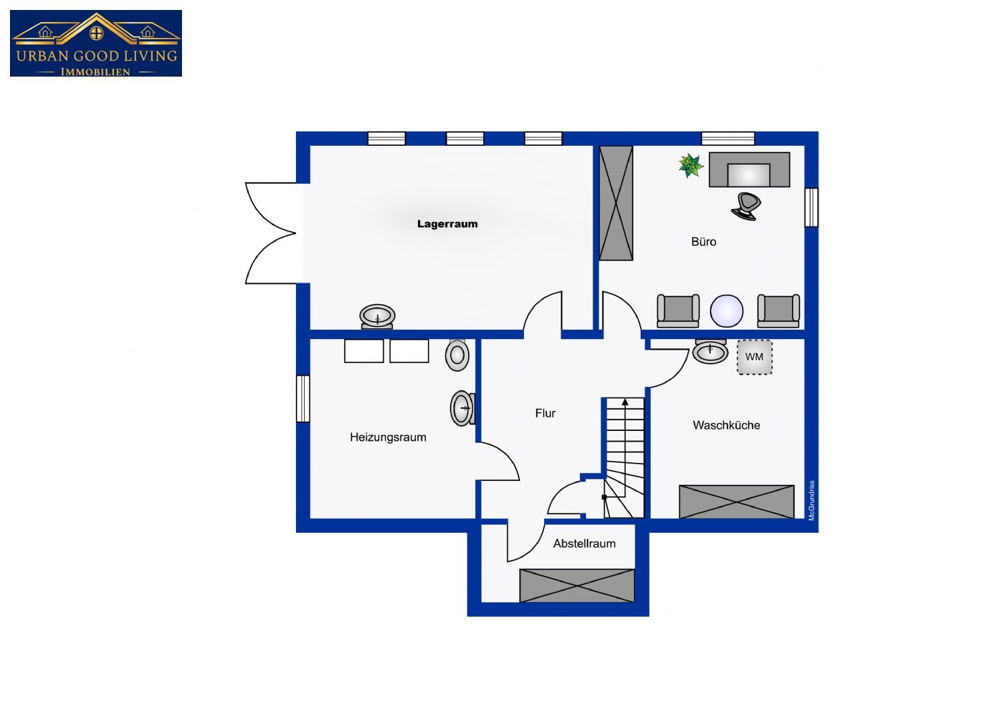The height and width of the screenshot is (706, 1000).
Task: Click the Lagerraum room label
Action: point(447,224)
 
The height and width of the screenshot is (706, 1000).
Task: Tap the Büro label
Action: point(703,242)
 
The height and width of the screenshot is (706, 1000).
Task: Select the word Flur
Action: point(545,413)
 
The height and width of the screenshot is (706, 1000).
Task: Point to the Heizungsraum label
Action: point(388,438)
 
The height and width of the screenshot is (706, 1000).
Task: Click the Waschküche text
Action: point(727,425)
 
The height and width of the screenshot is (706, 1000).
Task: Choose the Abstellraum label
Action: point(585,543)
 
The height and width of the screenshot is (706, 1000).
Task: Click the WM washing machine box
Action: point(755,357)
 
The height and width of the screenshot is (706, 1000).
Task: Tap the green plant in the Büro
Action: point(691,165)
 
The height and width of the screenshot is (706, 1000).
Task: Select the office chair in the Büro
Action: point(746,206)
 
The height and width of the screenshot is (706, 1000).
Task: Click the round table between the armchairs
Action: point(727,311)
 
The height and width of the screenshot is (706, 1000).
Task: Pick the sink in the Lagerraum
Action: point(377,316)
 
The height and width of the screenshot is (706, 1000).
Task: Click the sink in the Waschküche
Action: point(710,352)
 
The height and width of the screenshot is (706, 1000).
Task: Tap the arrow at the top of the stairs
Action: point(625,402)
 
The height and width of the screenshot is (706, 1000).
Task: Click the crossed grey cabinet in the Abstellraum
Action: point(577,585)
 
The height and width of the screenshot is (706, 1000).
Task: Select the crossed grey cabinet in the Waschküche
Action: point(737,502)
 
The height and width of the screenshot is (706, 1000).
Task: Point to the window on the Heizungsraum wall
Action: point(303,399)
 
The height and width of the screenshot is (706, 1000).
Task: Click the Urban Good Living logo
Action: point(96,43)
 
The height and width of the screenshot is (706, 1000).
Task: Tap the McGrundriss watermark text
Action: point(811,500)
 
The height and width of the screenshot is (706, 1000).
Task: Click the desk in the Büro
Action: point(749,169)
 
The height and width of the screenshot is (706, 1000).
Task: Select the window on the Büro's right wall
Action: point(811,207)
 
